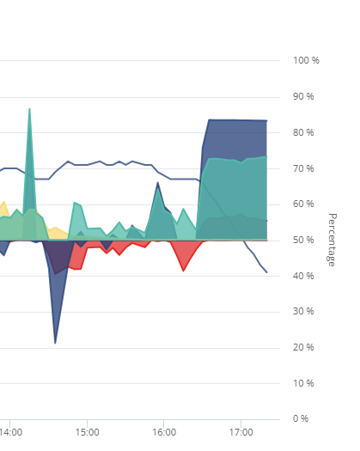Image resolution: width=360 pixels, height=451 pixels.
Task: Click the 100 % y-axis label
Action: [306, 60]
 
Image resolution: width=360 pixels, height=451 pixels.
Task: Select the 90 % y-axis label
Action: [303, 96]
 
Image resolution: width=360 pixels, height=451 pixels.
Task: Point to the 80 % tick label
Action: [303, 132]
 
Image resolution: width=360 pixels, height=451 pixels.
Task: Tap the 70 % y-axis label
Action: [303, 168]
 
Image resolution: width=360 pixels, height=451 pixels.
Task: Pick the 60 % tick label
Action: [303, 204]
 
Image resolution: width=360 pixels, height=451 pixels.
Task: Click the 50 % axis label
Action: [303, 240]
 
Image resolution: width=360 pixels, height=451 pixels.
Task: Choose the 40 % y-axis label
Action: [303, 276]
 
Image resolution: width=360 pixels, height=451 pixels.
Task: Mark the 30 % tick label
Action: [303, 311]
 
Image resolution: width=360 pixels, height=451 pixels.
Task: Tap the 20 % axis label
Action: [303, 347]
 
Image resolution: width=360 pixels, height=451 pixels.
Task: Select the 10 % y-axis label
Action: [303, 383]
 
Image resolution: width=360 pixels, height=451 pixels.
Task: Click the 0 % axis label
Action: [301, 418]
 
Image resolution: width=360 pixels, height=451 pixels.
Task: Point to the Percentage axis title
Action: [332, 240]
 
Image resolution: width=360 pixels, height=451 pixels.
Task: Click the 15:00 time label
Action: [87, 432]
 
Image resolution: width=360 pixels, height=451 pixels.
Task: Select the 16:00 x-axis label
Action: [164, 432]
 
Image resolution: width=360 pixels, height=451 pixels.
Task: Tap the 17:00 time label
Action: [241, 432]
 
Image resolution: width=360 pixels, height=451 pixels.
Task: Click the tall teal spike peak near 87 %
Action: [29, 109]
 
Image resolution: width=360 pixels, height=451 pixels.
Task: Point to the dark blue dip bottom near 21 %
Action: [55, 343]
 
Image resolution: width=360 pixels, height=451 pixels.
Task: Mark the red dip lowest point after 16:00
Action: [183, 271]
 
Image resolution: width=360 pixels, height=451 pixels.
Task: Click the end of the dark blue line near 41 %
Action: [266, 272]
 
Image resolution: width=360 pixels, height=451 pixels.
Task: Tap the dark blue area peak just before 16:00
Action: [158, 182]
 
